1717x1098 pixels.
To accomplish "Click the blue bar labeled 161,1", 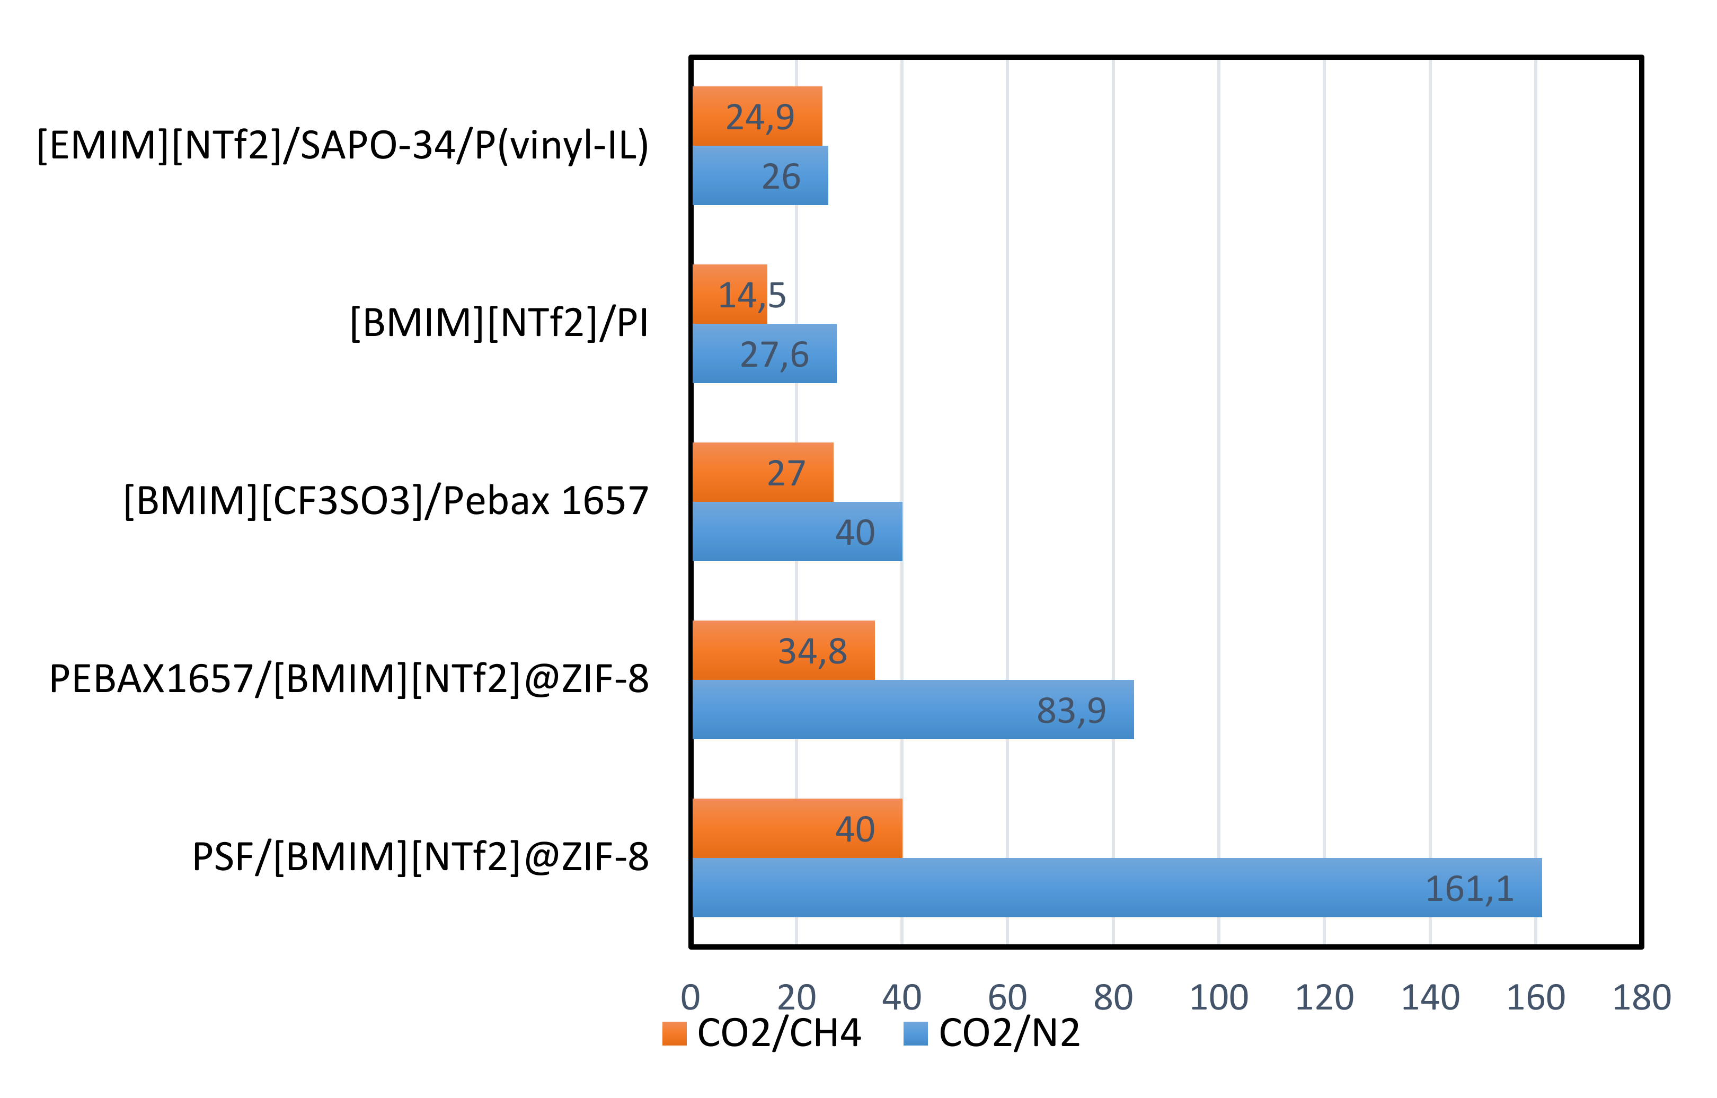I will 1116,887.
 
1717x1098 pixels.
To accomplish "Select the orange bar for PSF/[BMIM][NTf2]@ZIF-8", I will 796,828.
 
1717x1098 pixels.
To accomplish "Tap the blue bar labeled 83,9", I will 913,710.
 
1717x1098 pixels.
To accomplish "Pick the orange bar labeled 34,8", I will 783,650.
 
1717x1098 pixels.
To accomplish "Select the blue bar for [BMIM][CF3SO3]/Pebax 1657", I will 796,531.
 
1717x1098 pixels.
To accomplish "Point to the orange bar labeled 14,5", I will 729,294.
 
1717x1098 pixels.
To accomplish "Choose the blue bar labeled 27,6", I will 764,353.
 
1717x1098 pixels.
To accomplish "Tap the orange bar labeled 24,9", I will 757,116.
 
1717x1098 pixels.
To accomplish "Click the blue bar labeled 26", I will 759,175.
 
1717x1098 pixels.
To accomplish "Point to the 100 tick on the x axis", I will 1218,997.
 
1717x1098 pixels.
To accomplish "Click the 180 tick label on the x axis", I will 1641,997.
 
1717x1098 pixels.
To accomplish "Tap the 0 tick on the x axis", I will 690,997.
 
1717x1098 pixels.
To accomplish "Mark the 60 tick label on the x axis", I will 1007,997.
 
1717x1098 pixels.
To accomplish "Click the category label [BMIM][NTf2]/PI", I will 499,323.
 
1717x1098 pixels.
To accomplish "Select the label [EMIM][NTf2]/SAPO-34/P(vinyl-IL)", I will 342,145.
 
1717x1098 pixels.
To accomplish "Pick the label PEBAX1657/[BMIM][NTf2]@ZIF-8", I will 349,679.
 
